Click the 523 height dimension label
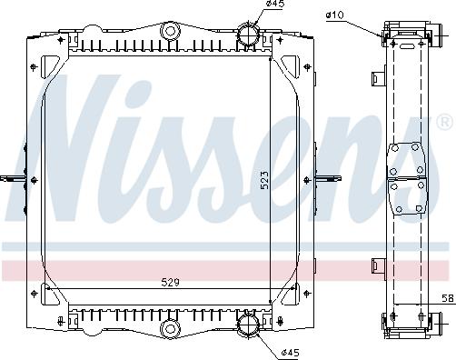[264, 180]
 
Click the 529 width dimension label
[170, 283]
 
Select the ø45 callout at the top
[275, 4]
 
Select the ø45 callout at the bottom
[290, 353]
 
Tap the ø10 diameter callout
[335, 15]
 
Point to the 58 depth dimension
[449, 298]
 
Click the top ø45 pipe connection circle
[249, 35]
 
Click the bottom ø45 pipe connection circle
[249, 325]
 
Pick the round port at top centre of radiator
[171, 31]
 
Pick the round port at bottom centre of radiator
[171, 328]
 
